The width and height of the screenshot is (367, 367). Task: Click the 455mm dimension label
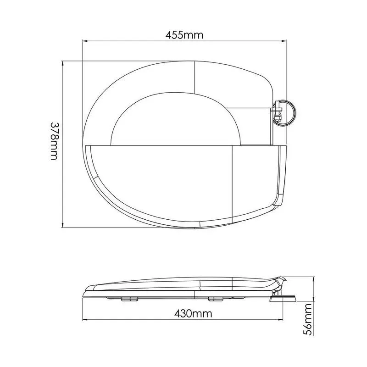tap(184, 35)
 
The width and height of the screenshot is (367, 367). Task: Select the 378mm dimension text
tap(54, 141)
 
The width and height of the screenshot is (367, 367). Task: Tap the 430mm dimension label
tap(193, 314)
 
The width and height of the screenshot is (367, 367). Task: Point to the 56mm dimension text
tap(308, 319)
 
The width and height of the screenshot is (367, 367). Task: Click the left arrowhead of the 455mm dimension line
tap(85, 41)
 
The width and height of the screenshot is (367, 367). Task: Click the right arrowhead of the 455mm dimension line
tap(284, 41)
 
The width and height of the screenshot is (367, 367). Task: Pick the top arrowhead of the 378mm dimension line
tap(62, 64)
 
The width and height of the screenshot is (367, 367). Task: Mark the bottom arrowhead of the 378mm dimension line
tap(62, 225)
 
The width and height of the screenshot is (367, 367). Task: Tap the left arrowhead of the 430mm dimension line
tap(85, 320)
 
